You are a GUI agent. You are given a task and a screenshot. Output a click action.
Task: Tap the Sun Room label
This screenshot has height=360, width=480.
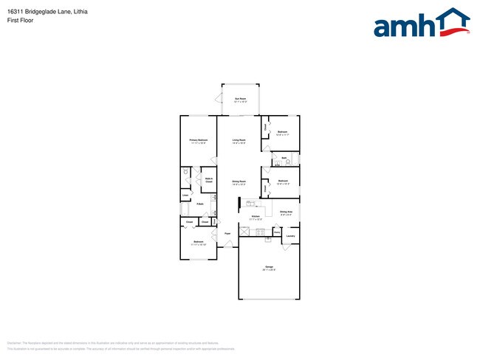tap(240, 100)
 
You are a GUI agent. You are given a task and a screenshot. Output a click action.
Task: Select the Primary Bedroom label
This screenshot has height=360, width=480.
tap(198, 140)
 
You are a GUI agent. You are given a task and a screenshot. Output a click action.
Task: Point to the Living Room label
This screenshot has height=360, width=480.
tap(239, 140)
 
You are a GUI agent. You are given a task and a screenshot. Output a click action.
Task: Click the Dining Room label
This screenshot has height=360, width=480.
tap(239, 182)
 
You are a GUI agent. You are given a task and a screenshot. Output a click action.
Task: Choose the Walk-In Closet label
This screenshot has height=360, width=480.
tap(209, 179)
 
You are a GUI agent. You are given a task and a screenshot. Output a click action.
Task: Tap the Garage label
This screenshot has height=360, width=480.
tap(268, 268)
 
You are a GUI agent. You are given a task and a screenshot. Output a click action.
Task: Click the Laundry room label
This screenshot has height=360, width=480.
tap(290, 236)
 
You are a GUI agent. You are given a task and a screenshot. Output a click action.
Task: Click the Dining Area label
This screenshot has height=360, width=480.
tap(286, 212)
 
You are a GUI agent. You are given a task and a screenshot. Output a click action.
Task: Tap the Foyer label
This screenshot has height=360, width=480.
tap(228, 233)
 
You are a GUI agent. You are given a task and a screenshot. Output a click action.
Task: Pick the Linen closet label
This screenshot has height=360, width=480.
tap(186, 195)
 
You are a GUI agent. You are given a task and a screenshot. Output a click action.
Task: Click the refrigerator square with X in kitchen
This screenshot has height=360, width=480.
tap(243, 232)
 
